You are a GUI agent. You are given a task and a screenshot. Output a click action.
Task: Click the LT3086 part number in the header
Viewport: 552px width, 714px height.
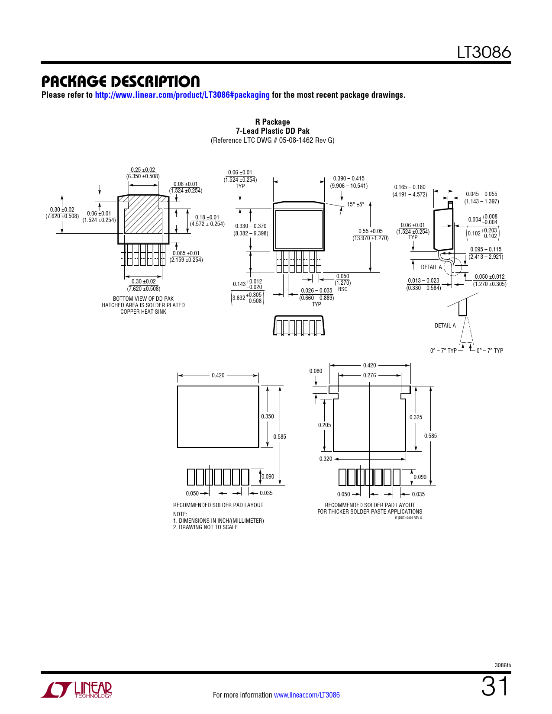tap(484, 52)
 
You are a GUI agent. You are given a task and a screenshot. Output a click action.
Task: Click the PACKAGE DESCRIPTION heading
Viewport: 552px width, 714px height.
tap(120, 81)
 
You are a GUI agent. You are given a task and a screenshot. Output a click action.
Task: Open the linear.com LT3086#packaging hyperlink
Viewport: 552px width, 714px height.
tap(182, 95)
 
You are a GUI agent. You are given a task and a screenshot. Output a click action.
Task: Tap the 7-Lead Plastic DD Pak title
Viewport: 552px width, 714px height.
tap(272, 131)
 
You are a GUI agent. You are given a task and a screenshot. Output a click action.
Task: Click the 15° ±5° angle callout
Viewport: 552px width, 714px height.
tap(355, 204)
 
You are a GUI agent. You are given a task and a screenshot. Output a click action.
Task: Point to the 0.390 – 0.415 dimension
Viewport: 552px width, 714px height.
tap(349, 178)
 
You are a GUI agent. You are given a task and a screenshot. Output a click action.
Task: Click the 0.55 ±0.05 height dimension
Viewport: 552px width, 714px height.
tap(370, 231)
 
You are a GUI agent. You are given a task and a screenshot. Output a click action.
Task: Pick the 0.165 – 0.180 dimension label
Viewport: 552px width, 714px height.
tap(410, 187)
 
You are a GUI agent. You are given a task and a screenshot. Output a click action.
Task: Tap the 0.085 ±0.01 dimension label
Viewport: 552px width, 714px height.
tap(186, 253)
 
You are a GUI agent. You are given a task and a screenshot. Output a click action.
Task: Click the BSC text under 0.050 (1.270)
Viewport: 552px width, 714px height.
tap(343, 289)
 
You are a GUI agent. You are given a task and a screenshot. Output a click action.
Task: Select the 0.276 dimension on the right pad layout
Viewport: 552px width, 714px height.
tap(369, 375)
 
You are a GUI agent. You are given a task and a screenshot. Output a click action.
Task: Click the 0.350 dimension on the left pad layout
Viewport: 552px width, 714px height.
tap(268, 416)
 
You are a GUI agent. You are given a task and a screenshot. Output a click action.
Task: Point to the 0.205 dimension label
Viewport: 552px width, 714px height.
tap(324, 425)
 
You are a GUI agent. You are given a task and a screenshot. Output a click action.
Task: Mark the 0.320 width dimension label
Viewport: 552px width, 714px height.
tap(326, 459)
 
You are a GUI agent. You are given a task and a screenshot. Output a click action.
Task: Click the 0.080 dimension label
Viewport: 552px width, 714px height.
tap(316, 371)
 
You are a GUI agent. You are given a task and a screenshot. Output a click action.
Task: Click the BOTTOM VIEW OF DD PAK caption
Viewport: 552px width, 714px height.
tap(143, 299)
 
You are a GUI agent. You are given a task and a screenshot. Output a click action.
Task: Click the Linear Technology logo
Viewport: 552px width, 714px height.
tap(77, 690)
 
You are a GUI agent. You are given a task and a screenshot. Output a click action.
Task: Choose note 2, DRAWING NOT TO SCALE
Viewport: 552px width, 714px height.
tap(205, 527)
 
